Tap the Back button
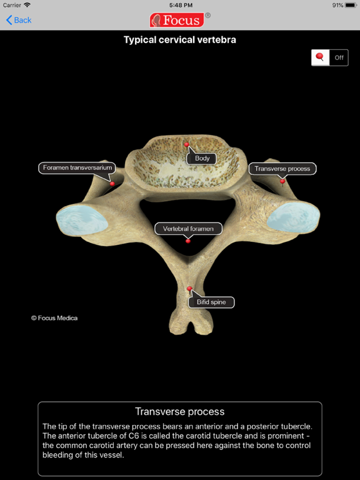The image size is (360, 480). (19, 20)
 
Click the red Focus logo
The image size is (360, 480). (177, 20)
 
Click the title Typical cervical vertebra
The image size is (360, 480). (180, 40)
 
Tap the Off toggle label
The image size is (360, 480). (339, 57)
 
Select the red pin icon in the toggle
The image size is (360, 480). (320, 57)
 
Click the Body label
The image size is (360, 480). (202, 158)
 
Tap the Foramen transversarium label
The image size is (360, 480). (77, 167)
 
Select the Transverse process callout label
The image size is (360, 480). (282, 169)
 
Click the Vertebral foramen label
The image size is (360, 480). (188, 229)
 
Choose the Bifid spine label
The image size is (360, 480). (211, 302)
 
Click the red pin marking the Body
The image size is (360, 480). (186, 144)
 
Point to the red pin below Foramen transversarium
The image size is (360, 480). (112, 184)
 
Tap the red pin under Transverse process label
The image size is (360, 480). (282, 181)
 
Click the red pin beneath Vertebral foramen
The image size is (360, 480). (188, 241)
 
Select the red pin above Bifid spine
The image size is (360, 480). (189, 288)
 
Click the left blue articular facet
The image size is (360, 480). (82, 220)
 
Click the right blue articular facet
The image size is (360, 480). (293, 217)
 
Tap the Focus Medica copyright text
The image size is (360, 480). (54, 318)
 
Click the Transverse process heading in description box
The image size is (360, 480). (180, 411)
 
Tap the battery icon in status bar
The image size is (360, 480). (351, 5)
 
